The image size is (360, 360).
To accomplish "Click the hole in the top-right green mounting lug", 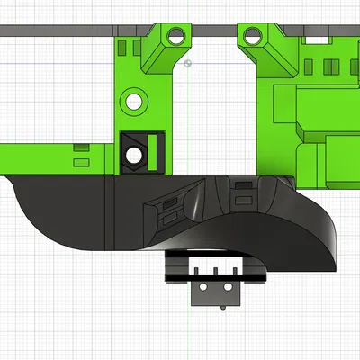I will tap(253, 38).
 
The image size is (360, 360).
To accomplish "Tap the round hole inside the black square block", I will tap(133, 155).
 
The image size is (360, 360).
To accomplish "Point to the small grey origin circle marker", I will tap(187, 64).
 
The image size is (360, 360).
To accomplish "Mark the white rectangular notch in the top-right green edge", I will tap(316, 40).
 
